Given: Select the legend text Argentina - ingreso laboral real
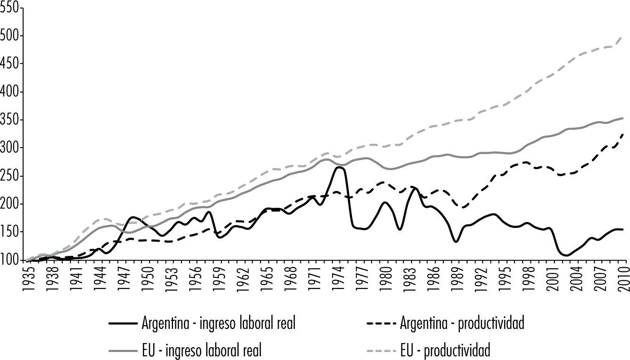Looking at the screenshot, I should [x=219, y=324].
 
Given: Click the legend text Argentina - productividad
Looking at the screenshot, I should [x=462, y=324].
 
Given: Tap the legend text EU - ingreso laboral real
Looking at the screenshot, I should [x=202, y=350].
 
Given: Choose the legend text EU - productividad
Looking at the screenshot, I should [x=445, y=350].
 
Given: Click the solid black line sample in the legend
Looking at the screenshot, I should [x=123, y=324].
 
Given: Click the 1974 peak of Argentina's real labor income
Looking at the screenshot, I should [x=340, y=167].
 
